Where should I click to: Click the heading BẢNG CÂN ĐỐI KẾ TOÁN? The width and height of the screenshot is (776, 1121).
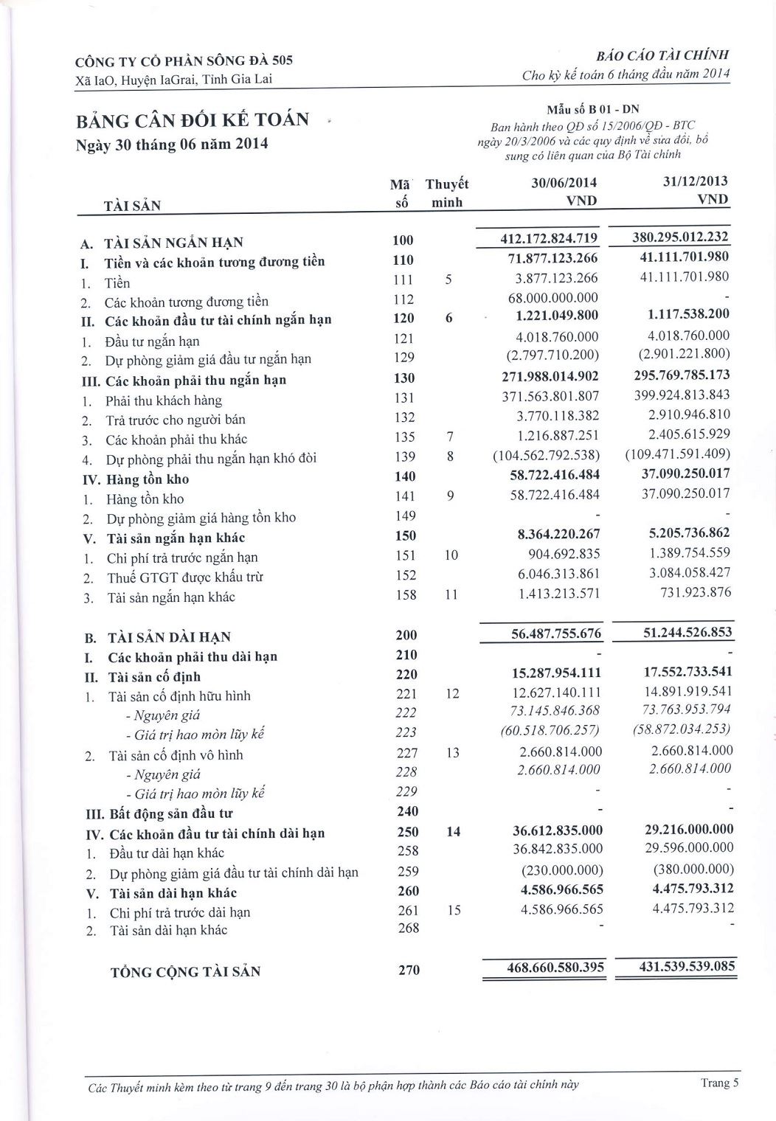(193, 119)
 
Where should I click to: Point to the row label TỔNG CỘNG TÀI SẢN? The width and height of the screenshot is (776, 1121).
(185, 971)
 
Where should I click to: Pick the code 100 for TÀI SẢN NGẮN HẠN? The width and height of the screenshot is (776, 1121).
(404, 240)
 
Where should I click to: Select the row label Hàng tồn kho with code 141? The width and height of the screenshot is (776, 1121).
(144, 499)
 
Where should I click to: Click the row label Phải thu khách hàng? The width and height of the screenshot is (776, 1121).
(163, 400)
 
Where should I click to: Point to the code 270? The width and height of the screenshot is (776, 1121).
(409, 970)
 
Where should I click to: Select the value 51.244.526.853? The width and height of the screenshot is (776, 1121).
(682, 633)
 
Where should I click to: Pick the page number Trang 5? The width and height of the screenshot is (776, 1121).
(719, 1083)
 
